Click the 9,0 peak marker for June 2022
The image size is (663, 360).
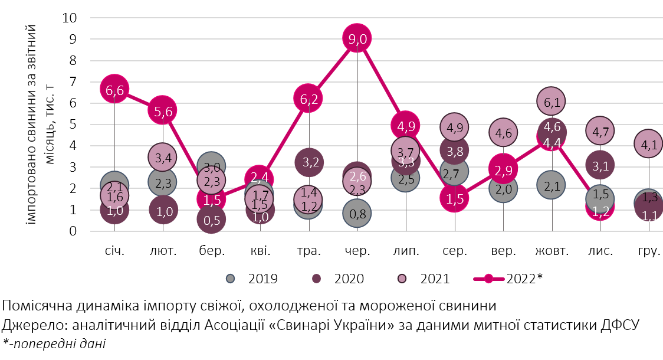(356, 39)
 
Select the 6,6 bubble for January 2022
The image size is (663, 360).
(115, 90)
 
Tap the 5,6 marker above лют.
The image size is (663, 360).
(163, 110)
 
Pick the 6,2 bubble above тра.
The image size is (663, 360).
(308, 99)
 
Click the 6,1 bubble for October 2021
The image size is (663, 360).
(552, 102)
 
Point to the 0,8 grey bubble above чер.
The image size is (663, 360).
(357, 214)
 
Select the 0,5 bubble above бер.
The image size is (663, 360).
(212, 220)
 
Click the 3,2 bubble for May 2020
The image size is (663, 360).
(308, 162)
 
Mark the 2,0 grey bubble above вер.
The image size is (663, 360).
(503, 188)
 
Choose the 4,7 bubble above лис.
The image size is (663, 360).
(600, 131)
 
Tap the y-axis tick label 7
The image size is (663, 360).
(74, 81)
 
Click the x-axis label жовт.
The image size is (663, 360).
(552, 251)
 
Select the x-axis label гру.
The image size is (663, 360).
(649, 251)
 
